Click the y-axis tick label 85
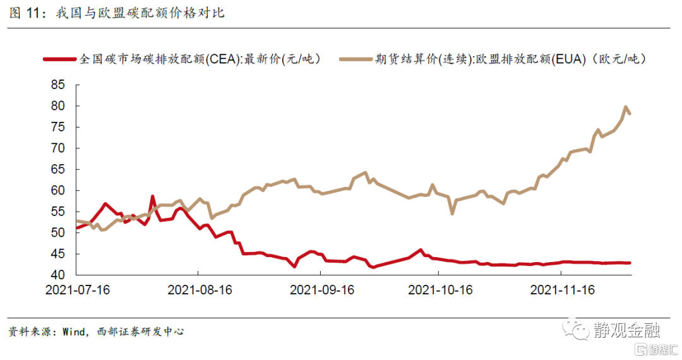click(59, 85)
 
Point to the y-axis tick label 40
click(59, 275)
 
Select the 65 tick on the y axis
click(59, 169)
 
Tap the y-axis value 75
click(59, 127)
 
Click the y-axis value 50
click(59, 232)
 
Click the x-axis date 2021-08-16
click(198, 290)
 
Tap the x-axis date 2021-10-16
click(440, 290)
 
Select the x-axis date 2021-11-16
click(562, 290)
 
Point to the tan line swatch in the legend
click(356, 59)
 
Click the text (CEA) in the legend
click(222, 59)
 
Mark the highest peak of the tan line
click(626, 107)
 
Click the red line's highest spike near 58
click(152, 196)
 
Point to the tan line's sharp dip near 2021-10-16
click(452, 213)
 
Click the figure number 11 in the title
click(32, 13)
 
